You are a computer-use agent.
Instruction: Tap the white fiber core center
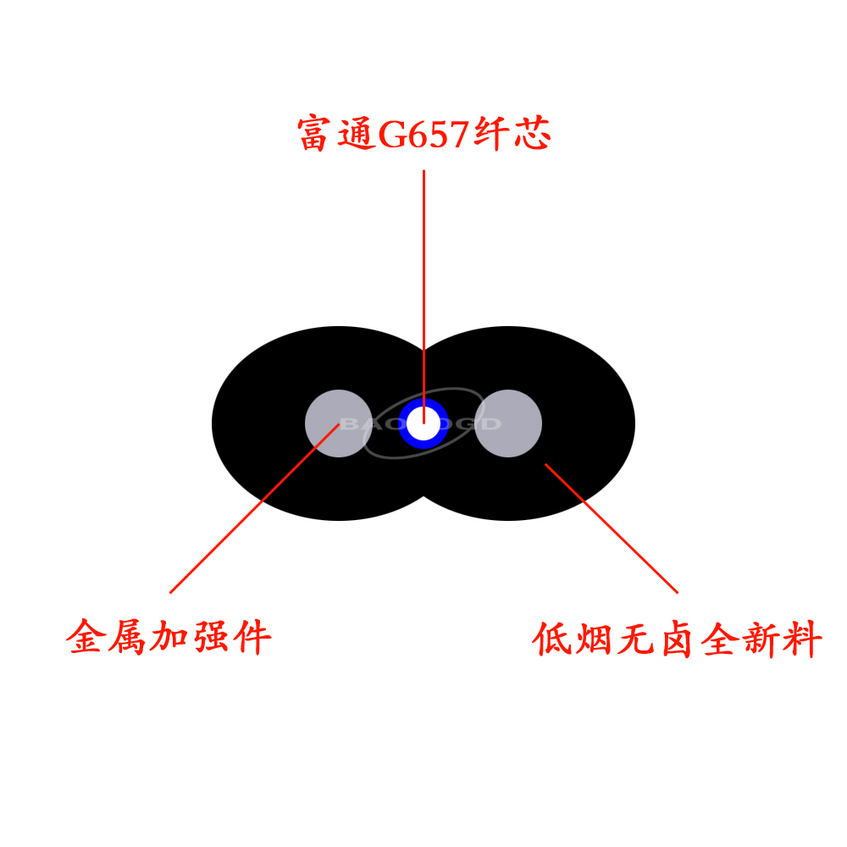pos(423,423)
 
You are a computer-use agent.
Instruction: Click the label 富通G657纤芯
pos(423,134)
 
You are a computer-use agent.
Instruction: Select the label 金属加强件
pos(169,637)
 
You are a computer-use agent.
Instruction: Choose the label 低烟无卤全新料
pos(677,639)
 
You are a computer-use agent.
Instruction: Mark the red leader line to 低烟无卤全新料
pos(610,527)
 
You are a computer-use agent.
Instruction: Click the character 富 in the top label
pos(313,134)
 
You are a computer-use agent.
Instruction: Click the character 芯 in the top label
pos(533,134)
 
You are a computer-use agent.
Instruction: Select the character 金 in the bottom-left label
pos(86,637)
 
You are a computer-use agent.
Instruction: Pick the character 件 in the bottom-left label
pos(252,637)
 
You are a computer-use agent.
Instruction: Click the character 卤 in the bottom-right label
pos(677,639)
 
